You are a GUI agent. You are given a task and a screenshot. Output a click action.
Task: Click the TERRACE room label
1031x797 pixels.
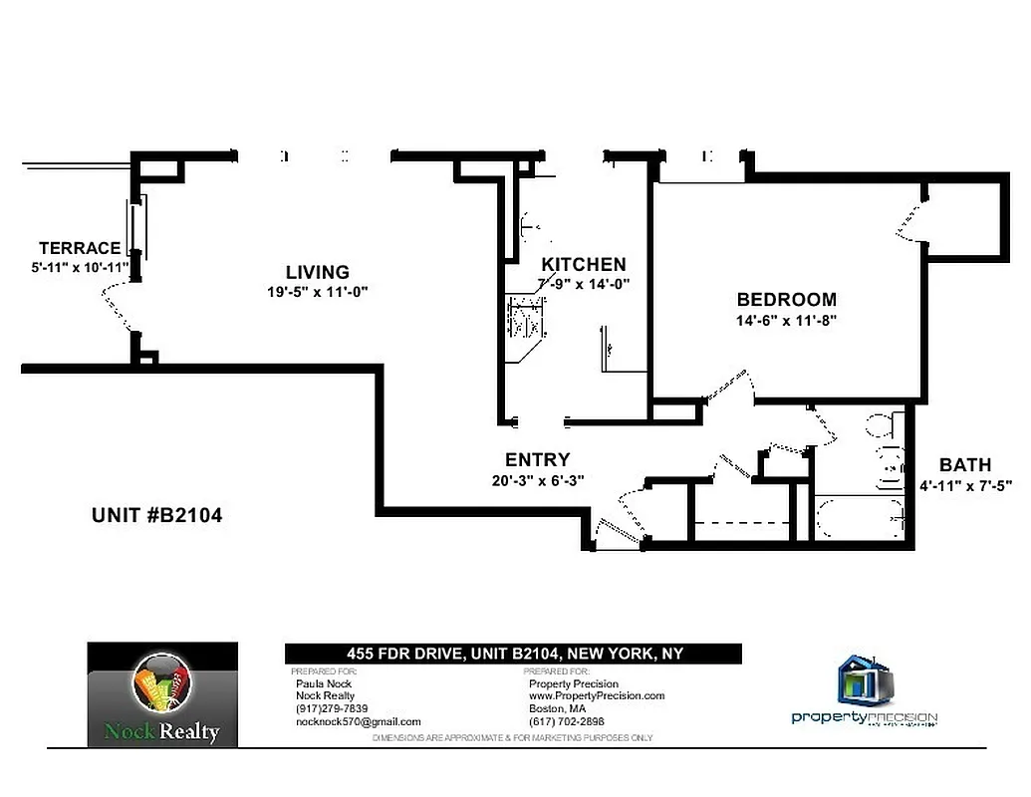(x=80, y=248)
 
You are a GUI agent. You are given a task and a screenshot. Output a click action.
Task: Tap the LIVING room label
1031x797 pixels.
(x=317, y=272)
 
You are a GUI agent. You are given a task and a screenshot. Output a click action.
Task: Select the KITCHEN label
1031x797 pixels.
(x=584, y=264)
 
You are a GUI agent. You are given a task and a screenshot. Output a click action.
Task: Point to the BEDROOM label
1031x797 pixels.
(x=786, y=299)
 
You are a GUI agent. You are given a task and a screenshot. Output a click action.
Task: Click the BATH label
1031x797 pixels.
(x=965, y=464)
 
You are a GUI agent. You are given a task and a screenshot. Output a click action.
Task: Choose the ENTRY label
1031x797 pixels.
(x=537, y=459)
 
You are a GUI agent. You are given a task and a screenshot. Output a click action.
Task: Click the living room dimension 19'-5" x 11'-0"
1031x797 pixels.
(x=319, y=292)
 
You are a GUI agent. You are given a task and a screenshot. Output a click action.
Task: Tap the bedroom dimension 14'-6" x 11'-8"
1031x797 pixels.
(x=787, y=321)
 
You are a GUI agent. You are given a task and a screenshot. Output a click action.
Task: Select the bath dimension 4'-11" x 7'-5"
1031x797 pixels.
(x=966, y=486)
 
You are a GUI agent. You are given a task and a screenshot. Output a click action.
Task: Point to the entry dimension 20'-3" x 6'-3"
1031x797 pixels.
(x=538, y=479)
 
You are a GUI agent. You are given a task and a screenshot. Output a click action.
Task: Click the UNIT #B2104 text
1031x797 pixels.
(x=156, y=515)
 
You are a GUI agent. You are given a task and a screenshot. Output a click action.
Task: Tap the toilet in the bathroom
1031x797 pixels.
(x=881, y=426)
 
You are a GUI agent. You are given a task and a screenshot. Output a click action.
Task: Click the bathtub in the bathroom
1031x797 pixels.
(x=859, y=518)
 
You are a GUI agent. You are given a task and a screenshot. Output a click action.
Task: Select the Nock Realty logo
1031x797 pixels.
(x=162, y=694)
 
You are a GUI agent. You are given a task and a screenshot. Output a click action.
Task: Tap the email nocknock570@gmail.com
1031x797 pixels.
(x=359, y=721)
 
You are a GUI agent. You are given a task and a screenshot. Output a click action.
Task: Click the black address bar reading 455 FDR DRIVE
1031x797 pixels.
(x=514, y=654)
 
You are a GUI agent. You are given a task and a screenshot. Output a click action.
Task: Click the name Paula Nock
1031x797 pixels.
(x=321, y=684)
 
